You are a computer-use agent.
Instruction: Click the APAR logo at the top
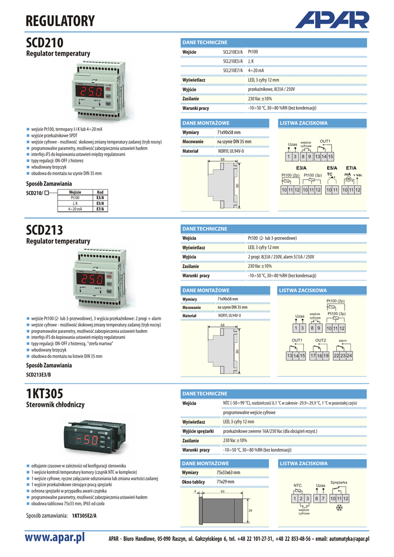(332, 22)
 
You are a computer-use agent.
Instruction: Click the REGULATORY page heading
(60, 21)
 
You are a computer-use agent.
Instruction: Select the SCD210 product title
(45, 43)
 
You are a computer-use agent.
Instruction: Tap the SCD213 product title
(45, 230)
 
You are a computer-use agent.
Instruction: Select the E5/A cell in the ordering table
(100, 203)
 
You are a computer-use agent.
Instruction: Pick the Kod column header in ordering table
(100, 192)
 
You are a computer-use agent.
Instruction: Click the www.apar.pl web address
(56, 539)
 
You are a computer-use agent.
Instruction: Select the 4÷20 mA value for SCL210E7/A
(256, 71)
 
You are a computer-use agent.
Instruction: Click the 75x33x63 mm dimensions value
(229, 473)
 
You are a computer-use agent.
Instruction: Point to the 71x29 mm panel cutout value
(226, 482)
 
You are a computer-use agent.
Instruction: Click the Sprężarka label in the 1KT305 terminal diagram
(339, 482)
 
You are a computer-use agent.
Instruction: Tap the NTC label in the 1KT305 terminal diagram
(297, 485)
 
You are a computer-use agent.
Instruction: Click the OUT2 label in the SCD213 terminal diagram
(320, 341)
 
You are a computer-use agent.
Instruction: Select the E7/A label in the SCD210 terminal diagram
(351, 168)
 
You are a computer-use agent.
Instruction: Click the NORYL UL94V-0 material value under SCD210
(231, 151)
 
